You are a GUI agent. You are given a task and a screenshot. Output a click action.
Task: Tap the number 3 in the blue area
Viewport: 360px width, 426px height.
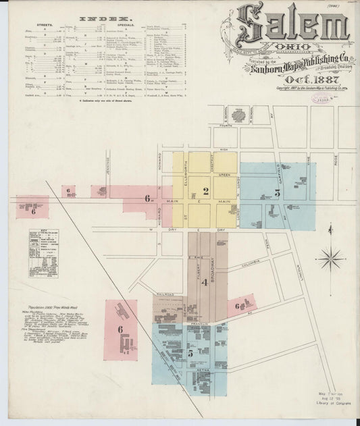(x=277, y=193)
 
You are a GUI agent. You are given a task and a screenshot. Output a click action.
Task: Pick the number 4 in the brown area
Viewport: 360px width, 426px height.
(x=203, y=282)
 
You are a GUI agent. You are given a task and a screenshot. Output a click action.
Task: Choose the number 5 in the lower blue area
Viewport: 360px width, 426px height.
(x=190, y=352)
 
